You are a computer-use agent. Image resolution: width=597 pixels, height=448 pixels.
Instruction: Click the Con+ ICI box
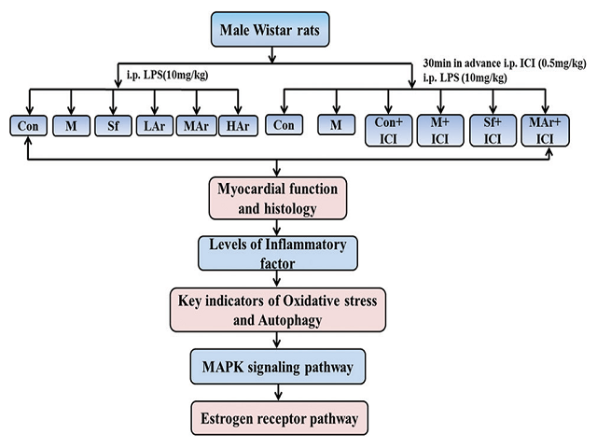tap(384, 130)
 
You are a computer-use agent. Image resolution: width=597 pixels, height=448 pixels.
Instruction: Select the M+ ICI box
tap(436, 130)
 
